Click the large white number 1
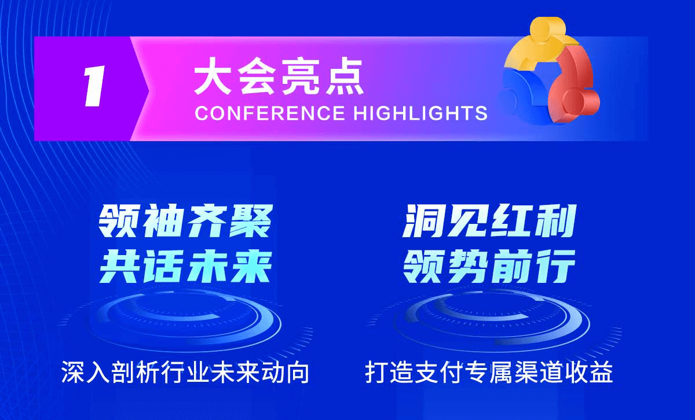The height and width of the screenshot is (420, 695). (94, 86)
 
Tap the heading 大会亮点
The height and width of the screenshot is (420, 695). (279, 76)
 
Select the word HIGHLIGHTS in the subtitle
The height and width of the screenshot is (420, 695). (420, 113)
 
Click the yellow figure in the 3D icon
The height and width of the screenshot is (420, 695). (542, 43)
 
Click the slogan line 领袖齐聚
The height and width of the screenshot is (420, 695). (185, 222)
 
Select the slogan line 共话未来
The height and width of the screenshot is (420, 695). (185, 267)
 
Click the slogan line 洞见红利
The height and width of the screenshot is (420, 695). (489, 222)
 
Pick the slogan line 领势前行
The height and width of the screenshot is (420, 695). (489, 267)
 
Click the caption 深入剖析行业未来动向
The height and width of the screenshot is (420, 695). (185, 372)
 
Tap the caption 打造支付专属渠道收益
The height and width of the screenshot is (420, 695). (489, 372)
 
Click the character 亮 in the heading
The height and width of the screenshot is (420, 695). (300, 76)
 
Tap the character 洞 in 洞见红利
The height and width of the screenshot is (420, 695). (423, 222)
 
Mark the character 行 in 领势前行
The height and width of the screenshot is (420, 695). (556, 267)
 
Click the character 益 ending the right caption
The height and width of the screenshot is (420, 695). (602, 372)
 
